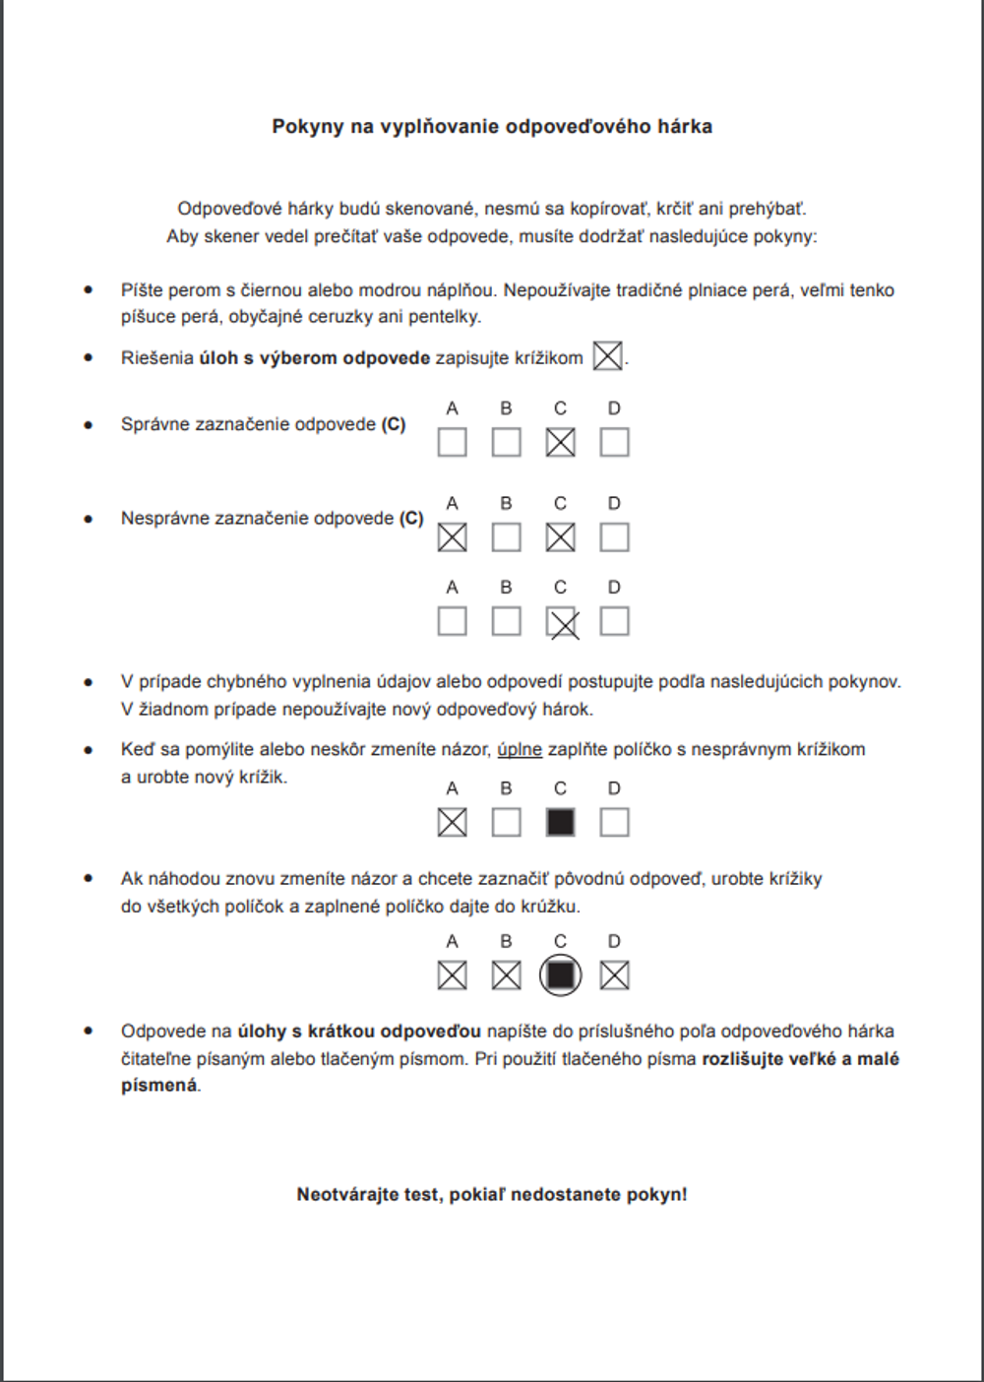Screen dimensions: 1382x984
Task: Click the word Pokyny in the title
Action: point(308,126)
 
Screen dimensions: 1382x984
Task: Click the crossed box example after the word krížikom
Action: point(608,356)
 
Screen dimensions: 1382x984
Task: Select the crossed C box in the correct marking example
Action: point(560,442)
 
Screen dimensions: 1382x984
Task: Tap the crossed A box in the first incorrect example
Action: point(452,537)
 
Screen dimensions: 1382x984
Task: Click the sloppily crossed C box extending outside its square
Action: point(562,622)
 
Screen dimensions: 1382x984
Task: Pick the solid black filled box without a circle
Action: point(560,822)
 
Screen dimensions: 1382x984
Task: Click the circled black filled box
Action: point(560,975)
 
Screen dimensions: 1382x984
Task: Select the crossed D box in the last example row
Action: point(614,975)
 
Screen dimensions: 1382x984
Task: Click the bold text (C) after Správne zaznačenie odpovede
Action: point(394,424)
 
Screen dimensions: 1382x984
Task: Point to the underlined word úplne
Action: point(520,749)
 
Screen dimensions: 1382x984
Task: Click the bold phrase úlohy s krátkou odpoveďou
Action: point(359,1032)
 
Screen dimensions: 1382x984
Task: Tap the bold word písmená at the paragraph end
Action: point(158,1086)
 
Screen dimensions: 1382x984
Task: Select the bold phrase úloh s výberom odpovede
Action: point(315,358)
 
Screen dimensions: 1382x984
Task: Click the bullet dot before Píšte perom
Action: point(89,290)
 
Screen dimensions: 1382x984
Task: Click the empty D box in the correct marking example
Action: point(614,442)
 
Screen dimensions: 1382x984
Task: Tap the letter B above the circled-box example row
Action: point(506,941)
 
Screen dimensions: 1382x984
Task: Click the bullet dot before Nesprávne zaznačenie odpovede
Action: point(89,519)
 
